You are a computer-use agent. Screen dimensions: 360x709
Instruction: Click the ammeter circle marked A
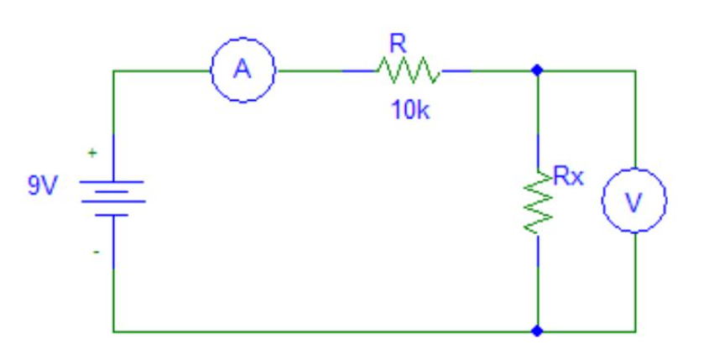pos(242,70)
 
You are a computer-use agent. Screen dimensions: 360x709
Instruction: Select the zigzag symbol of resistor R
pos(407,70)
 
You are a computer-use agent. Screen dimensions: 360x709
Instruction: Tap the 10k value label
pos(409,112)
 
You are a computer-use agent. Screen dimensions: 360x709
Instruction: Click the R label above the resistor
pos(398,44)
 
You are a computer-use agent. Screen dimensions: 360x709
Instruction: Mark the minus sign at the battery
pos(96,251)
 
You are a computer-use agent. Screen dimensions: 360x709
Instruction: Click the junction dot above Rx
pos(538,70)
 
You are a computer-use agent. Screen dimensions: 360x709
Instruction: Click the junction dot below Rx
pos(538,331)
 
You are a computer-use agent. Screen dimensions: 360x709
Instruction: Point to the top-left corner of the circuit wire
pos(113,71)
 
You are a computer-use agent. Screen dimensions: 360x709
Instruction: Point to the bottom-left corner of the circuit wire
pos(113,331)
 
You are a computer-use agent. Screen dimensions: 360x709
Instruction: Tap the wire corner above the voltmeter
pos(634,71)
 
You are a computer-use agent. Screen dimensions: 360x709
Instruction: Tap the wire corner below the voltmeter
pos(634,331)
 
